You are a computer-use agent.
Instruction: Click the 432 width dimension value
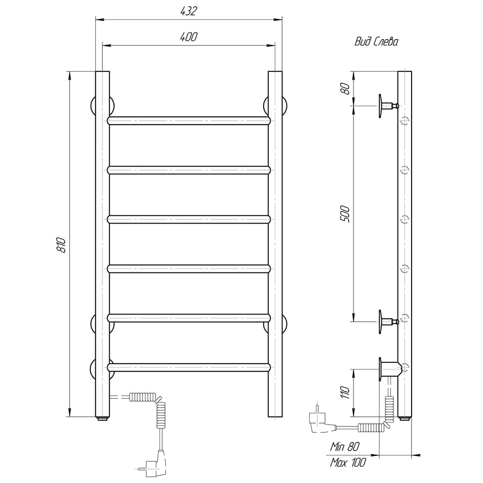(188, 11)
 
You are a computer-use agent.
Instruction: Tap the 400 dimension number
(188, 37)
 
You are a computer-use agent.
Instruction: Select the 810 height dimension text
(62, 245)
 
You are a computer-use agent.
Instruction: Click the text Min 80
(345, 446)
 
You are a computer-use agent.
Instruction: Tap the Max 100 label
(348, 462)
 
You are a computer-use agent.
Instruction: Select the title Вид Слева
(376, 42)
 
